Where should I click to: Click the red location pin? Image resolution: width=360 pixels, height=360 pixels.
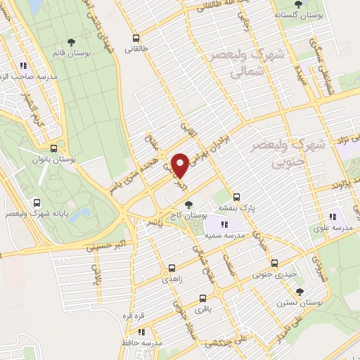click(180, 165)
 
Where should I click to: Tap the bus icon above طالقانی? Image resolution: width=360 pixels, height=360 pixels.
click(135, 39)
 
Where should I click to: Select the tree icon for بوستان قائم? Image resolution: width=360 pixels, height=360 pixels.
click(73, 41)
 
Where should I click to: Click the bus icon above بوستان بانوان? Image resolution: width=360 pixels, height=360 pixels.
click(54, 148)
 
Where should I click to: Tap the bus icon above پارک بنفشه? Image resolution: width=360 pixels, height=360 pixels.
click(237, 197)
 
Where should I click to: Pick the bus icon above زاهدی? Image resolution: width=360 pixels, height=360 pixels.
click(172, 268)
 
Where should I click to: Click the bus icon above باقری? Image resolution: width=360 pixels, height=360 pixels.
click(204, 297)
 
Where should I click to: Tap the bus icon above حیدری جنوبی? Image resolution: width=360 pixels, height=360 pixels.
click(285, 263)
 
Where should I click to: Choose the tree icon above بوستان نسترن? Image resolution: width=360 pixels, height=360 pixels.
click(300, 290)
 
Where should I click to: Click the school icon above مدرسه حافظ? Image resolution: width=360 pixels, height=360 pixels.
click(141, 332)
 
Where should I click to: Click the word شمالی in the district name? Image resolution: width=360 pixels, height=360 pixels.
click(241, 72)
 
